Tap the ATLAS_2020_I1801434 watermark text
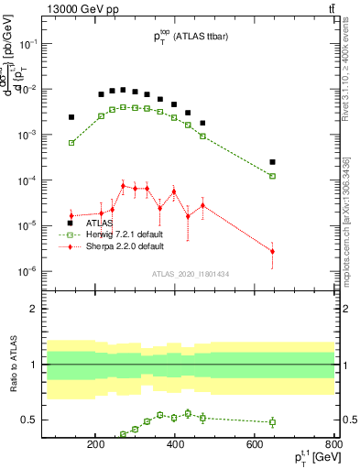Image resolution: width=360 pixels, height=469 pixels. pyautogui.click(x=191, y=274)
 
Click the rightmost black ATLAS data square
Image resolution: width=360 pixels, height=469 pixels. pyautogui.click(x=272, y=162)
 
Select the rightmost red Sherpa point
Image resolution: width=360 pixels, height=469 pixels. pyautogui.click(x=272, y=251)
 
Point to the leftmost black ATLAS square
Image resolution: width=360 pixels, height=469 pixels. pyautogui.click(x=71, y=117)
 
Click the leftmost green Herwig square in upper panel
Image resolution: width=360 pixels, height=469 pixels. pyautogui.click(x=71, y=143)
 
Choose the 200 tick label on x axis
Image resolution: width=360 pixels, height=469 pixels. pyautogui.click(x=95, y=446)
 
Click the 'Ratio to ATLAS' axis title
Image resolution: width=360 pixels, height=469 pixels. pyautogui.click(x=13, y=365)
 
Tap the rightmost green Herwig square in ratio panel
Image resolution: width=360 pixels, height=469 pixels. pyautogui.click(x=272, y=422)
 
